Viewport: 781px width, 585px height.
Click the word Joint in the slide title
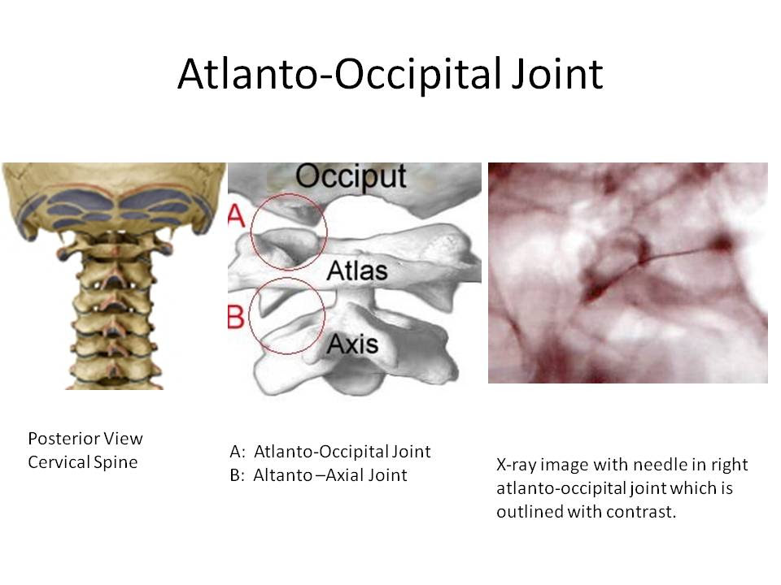(554, 74)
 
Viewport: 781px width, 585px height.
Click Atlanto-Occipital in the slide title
(338, 74)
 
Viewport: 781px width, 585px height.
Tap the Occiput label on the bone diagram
(351, 177)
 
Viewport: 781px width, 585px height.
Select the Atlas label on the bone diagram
(357, 271)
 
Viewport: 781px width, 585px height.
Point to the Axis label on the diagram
(352, 344)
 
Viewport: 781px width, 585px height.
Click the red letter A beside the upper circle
(237, 216)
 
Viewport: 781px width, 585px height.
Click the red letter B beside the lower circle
(236, 316)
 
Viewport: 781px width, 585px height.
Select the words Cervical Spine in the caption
(83, 462)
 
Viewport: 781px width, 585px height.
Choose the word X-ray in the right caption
(516, 465)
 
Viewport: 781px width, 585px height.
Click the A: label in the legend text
(238, 452)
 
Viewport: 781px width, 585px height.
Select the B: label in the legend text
(237, 475)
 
